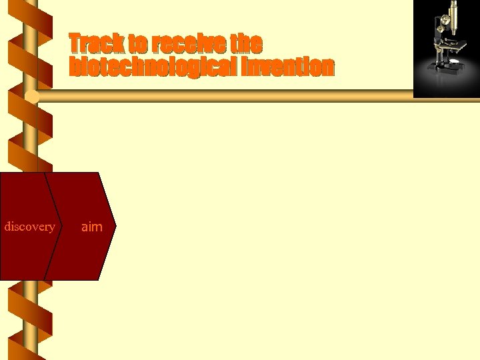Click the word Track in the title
[x=97, y=44]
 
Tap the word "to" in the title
[x=138, y=44]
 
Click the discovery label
[x=29, y=227]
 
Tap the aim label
[x=91, y=227]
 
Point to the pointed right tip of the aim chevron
[x=115, y=227]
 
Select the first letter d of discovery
[x=7, y=227]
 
